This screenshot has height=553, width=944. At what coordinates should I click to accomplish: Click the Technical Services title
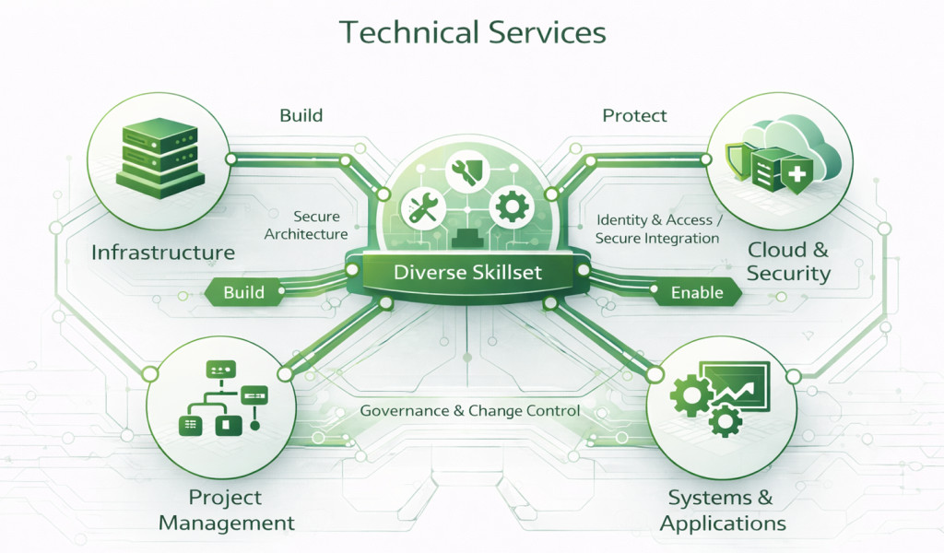click(472, 32)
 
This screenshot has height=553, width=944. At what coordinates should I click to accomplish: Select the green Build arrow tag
click(242, 293)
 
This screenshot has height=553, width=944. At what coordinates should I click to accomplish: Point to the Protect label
click(635, 116)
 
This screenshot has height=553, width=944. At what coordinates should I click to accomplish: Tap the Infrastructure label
click(163, 252)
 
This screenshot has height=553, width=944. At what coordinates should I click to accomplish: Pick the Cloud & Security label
click(788, 261)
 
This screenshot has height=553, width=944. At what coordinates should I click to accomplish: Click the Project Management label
click(226, 510)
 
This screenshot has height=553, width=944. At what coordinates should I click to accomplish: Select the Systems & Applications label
click(722, 511)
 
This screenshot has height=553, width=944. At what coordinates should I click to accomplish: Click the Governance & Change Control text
click(470, 410)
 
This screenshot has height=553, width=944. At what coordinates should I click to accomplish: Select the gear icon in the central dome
click(509, 206)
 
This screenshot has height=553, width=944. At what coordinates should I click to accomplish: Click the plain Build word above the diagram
click(301, 116)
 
